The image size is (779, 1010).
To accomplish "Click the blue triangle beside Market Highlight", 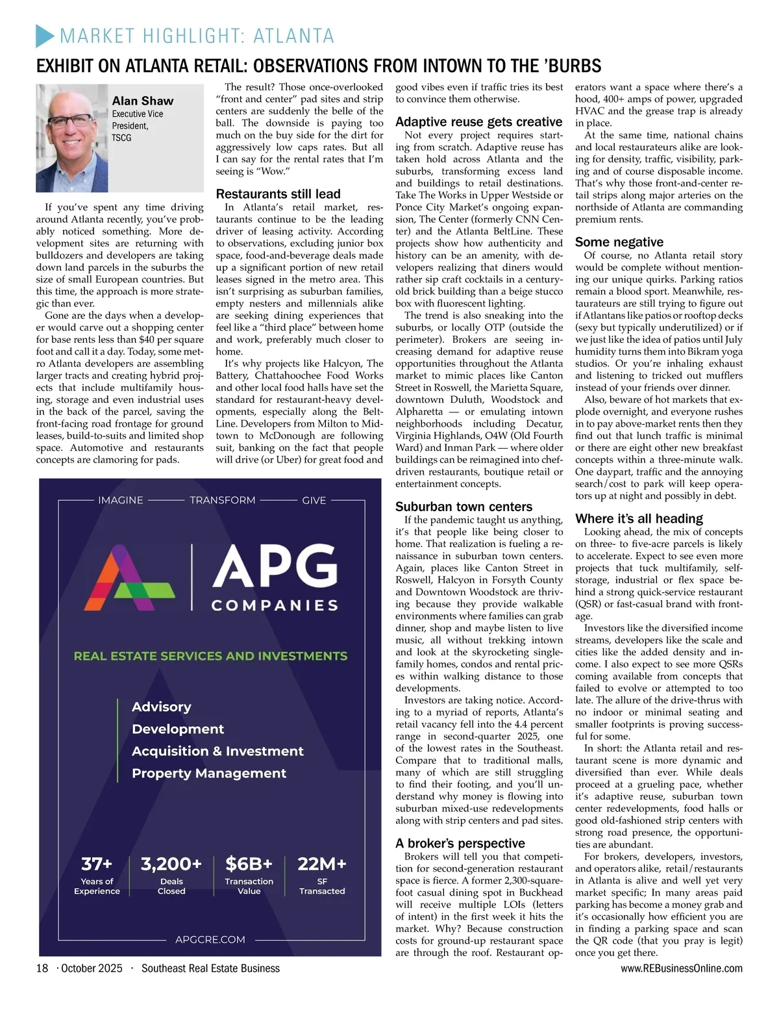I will point(45,36).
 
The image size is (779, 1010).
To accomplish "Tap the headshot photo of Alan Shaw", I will point(71,138).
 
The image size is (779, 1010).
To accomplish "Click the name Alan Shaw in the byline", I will point(143,101).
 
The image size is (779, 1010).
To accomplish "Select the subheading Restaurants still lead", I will point(278,194).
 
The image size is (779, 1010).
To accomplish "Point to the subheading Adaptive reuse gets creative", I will point(478,121).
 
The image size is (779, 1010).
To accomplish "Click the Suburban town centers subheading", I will point(464,507).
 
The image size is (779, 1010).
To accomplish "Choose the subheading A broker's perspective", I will point(460,843).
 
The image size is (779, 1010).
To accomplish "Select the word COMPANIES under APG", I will point(275,605).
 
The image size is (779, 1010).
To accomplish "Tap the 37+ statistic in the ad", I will point(97,864).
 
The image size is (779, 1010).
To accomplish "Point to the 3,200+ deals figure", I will point(171,864).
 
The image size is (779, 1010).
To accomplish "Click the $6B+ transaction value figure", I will point(249,864).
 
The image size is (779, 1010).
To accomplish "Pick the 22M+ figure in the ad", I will point(322,864).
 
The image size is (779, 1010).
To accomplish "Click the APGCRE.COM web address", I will point(210,939).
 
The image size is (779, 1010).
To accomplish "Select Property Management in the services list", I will point(209,773).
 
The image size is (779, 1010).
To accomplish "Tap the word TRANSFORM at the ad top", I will point(223,500).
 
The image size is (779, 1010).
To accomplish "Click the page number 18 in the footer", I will point(42,968).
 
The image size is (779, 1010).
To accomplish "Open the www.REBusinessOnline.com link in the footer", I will point(682,968).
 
